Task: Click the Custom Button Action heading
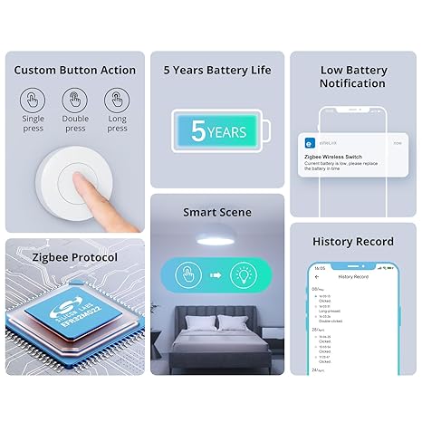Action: tap(76, 70)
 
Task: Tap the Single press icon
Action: tap(34, 100)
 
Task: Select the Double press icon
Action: tap(75, 100)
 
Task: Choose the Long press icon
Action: tap(117, 100)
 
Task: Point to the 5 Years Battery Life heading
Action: tap(216, 70)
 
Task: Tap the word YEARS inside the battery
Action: tap(225, 133)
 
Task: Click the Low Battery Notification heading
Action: tap(353, 76)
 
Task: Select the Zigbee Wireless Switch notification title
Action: tap(334, 157)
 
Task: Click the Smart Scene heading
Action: tap(216, 213)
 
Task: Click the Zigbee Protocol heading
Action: tap(61, 257)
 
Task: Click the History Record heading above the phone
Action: tap(353, 242)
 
